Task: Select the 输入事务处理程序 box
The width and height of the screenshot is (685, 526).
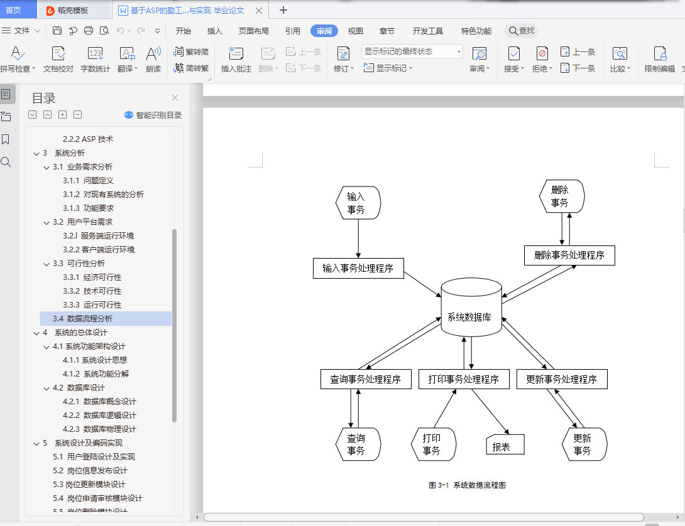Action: [x=358, y=268]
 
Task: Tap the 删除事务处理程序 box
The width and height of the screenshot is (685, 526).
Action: [x=569, y=255]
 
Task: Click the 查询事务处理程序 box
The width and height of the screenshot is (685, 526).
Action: [x=366, y=379]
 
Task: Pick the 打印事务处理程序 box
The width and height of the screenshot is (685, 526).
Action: [x=464, y=379]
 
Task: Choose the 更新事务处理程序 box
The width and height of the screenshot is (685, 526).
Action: [x=562, y=379]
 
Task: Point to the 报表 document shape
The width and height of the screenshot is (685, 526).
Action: [x=505, y=445]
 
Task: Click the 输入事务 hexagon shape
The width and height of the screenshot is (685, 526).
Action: [x=356, y=203]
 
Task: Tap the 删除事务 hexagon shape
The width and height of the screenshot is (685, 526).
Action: [x=561, y=196]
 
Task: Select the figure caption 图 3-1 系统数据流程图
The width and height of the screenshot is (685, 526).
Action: [x=467, y=485]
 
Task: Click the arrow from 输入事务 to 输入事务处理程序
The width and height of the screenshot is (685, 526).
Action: [x=358, y=239]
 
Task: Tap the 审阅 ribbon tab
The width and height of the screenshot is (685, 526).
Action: [x=324, y=31]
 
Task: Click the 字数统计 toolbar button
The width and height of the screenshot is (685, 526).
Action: [x=95, y=60]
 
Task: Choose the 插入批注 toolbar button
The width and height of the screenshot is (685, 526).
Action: [x=236, y=60]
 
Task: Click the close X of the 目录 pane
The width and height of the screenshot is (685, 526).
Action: [x=175, y=97]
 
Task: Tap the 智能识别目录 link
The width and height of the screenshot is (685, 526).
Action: [x=153, y=115]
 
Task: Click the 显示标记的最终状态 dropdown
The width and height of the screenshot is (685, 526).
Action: [x=412, y=51]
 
